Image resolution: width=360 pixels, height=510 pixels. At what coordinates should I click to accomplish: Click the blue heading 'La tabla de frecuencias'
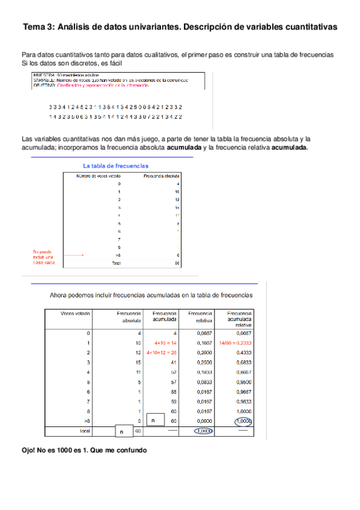116,165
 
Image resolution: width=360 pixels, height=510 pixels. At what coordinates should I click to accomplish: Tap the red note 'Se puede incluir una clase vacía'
44,257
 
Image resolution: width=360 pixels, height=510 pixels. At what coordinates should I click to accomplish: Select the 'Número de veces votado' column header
97,176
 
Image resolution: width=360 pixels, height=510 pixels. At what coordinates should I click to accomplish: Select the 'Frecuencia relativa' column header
200,317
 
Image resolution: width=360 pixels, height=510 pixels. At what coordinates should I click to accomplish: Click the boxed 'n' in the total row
121,431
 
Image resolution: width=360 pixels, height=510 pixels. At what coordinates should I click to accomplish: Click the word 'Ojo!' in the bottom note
29,450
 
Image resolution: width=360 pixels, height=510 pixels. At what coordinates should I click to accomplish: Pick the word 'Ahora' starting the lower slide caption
59,295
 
